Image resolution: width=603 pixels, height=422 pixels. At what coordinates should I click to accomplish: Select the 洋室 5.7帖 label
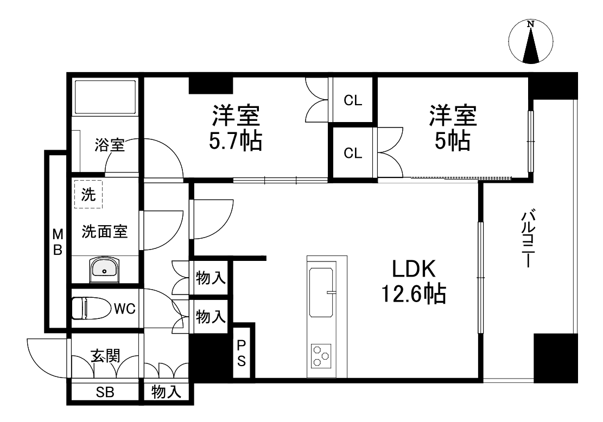tap(236, 128)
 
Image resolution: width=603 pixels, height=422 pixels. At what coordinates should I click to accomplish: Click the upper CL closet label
tap(353, 101)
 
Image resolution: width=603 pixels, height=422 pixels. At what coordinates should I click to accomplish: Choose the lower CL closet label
tap(353, 153)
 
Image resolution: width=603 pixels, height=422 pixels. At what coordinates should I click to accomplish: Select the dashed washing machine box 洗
tap(88, 194)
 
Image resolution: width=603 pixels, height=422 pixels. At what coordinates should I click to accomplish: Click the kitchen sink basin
tap(322, 292)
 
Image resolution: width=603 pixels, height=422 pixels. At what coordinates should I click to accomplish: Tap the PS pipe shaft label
tap(242, 353)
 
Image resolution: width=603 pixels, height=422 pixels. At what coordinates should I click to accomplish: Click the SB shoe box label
tap(105, 393)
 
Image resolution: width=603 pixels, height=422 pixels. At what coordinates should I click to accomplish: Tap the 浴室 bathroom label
tap(110, 145)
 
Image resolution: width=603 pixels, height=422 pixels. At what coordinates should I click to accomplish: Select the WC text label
tap(124, 309)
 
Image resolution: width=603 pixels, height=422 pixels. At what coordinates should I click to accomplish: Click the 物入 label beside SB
tap(166, 393)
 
